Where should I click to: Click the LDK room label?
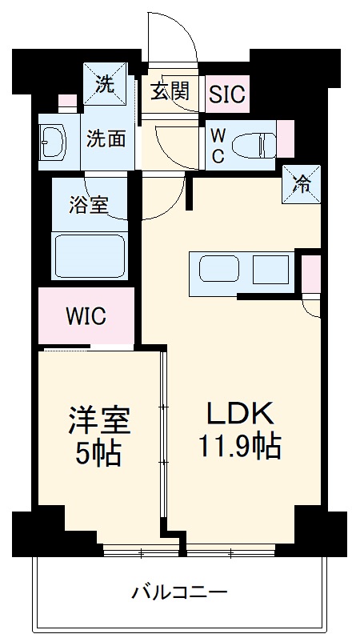coord(241,413)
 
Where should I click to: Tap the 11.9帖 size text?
coord(240,446)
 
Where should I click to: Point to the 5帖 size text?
coord(98,453)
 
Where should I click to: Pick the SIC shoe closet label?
coord(226,94)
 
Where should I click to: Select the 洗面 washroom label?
coord(106,138)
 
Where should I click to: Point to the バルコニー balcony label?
coord(180,593)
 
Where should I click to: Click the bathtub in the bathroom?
coord(90,255)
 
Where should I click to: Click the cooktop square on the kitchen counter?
coord(270,269)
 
